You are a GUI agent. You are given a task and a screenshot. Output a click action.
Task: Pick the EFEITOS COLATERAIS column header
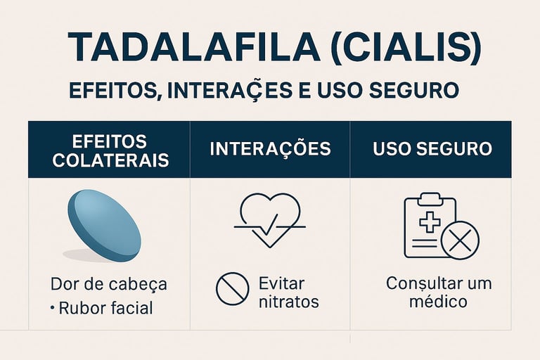pyautogui.click(x=110, y=149)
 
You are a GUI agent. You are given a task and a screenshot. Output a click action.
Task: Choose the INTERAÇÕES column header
pyautogui.click(x=270, y=149)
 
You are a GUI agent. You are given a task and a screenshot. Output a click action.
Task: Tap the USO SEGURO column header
pyautogui.click(x=431, y=149)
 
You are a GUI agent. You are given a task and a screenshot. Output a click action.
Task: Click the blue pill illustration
pyautogui.click(x=104, y=222)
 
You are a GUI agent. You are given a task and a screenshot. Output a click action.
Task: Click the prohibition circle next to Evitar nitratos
pyautogui.click(x=232, y=289)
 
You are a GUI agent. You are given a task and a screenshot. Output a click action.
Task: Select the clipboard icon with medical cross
pyautogui.click(x=430, y=225)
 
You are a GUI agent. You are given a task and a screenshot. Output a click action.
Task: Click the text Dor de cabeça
pyautogui.click(x=109, y=284)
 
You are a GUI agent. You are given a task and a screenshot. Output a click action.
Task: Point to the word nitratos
pyautogui.click(x=289, y=302)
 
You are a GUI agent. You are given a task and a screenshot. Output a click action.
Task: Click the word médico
pyautogui.click(x=439, y=302)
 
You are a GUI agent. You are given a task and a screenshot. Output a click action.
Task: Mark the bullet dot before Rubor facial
pyautogui.click(x=52, y=308)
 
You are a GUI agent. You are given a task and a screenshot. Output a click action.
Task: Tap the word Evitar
pyautogui.click(x=281, y=283)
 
